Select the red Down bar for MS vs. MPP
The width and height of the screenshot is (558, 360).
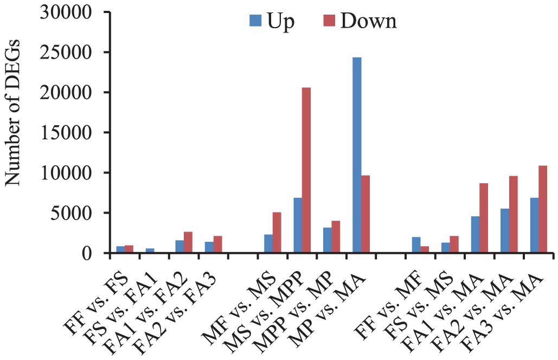pos(306,170)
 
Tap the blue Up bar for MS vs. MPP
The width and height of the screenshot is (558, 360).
pos(298,225)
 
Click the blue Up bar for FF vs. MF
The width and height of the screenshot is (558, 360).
pos(416,245)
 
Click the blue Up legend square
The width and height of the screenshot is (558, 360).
pos(255,21)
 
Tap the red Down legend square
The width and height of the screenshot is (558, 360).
pos(330,21)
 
